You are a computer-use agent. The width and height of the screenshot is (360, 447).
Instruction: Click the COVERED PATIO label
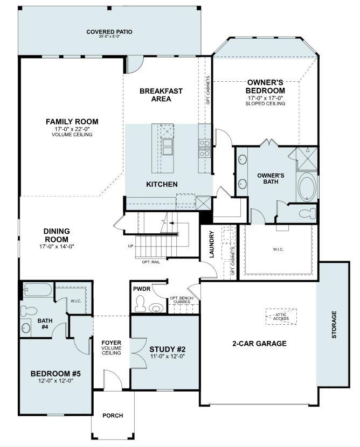(109, 32)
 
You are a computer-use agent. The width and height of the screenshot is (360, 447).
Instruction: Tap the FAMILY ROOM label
(72, 122)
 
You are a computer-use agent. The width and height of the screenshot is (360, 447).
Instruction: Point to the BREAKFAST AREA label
(161, 95)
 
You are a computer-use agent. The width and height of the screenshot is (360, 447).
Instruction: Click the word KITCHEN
(162, 184)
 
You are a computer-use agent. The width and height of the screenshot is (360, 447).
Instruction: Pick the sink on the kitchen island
(168, 146)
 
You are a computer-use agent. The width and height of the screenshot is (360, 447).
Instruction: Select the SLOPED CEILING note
(265, 103)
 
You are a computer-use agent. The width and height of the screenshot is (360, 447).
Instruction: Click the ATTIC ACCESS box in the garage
(281, 316)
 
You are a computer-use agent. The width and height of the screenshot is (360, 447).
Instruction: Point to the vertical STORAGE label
(334, 324)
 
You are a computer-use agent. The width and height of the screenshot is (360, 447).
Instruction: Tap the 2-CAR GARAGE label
(259, 344)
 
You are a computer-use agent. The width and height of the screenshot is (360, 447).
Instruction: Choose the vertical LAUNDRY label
(212, 244)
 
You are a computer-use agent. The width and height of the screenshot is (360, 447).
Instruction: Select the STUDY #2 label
(166, 348)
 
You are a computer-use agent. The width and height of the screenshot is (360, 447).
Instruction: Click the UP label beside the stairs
(130, 246)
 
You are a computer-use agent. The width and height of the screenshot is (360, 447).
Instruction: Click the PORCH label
(112, 415)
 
